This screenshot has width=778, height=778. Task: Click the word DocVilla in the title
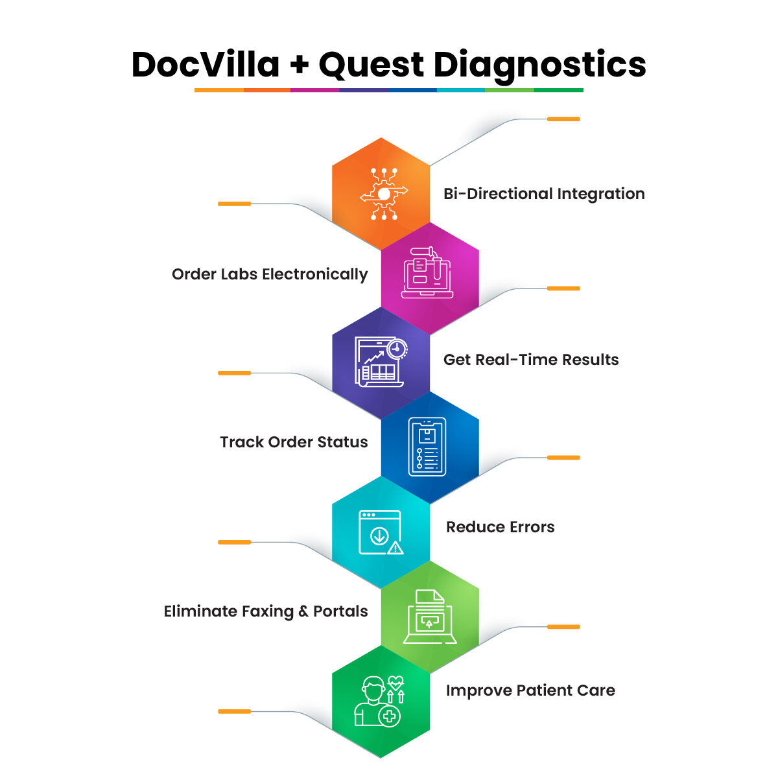pos(206,65)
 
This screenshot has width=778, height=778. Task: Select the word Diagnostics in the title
pos(539,65)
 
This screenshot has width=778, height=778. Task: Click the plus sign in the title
pos(299,65)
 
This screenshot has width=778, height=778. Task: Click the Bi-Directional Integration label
pos(544,194)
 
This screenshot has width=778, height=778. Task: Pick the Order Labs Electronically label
pos(270,274)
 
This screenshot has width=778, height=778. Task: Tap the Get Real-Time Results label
pos(531,360)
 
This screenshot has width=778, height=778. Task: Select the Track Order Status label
pos(294,442)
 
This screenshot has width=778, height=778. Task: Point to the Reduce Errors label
pos(500,527)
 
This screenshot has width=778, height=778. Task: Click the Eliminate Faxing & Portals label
pos(266,611)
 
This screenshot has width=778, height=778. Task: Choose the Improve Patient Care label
pos(530,690)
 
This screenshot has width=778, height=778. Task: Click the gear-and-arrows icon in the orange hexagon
pos(384,194)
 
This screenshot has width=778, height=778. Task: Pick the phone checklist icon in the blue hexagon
pos(427,447)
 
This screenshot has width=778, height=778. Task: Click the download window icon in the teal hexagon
pos(381,532)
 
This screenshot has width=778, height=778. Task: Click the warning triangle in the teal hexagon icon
pos(395,548)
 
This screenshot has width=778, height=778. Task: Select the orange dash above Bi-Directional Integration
pos(563,119)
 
